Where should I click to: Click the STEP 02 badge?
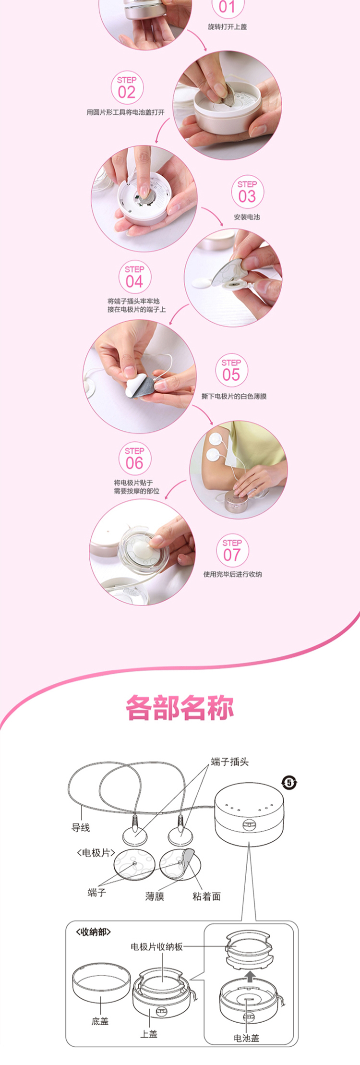[127, 87]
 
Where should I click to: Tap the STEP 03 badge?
[247, 192]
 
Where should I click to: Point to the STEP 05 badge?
[231, 370]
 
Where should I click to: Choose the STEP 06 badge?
[135, 459]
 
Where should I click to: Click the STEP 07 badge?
[232, 550]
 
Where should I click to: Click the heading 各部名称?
[180, 707]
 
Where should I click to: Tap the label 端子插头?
[230, 762]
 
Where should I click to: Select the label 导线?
[81, 827]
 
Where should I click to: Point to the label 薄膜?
[155, 896]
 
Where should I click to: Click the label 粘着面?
[207, 896]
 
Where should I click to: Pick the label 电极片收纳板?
[157, 946]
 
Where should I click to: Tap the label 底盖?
[100, 1021]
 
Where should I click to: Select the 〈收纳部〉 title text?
[94, 932]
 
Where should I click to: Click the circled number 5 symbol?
[289, 783]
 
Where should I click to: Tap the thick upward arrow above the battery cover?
[249, 975]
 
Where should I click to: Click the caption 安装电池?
[247, 217]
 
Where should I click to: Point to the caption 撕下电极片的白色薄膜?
[234, 396]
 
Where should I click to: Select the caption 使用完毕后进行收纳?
[232, 574]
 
